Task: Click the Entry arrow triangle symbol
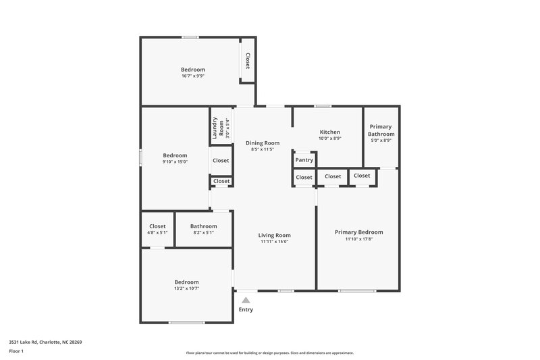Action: (246, 300)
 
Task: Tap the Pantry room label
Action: (304, 160)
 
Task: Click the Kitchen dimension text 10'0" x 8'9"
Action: (329, 138)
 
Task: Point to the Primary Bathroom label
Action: (381, 130)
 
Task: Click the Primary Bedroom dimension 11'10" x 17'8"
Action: (358, 238)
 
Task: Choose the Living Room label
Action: (274, 235)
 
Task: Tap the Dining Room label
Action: (262, 143)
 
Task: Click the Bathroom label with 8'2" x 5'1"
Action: (203, 226)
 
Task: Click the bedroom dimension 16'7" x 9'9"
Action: (192, 76)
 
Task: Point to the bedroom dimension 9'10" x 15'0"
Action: (175, 161)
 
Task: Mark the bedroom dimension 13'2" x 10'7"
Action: (186, 288)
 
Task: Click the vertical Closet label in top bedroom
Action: (248, 61)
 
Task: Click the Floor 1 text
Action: (16, 351)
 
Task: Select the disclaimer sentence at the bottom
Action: (269, 353)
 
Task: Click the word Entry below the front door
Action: (246, 309)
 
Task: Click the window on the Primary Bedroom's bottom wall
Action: (357, 290)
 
